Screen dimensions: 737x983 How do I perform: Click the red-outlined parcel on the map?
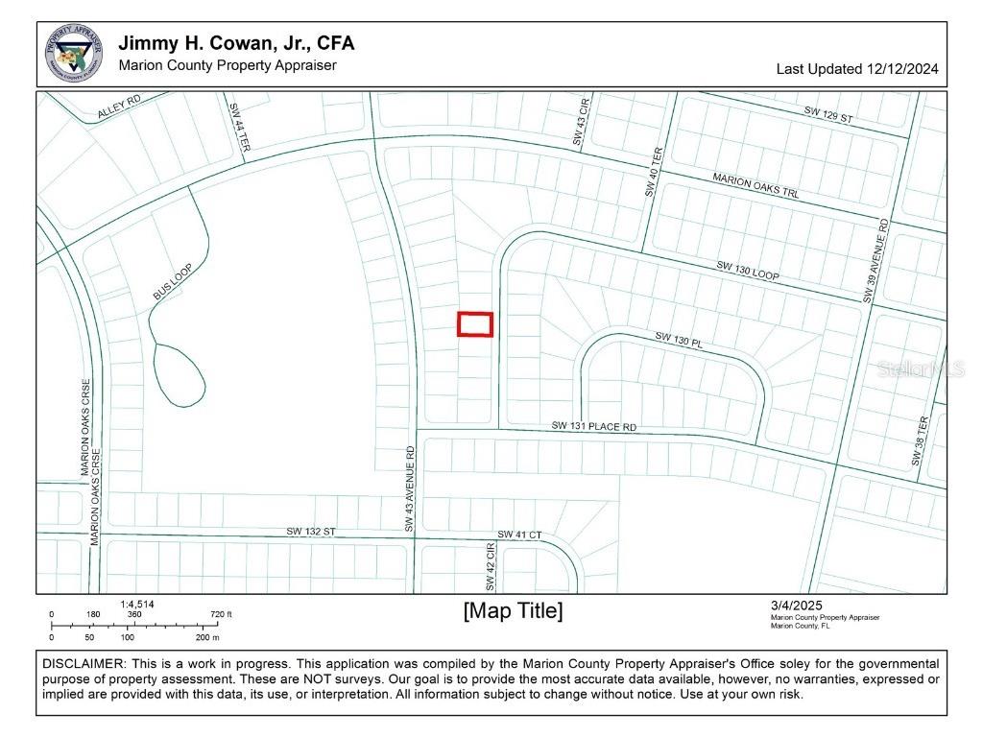coord(474,324)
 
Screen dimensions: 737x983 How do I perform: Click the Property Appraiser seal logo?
coord(74,54)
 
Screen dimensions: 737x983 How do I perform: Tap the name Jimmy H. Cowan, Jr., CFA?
coord(236,44)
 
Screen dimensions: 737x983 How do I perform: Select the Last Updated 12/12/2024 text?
coord(856,69)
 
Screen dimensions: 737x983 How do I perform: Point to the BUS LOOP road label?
coord(174,283)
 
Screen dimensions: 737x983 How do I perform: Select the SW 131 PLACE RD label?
coord(593,425)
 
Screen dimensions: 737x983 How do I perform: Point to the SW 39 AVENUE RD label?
coord(875,262)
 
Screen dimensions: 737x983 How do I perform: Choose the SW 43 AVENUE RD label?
coord(410,488)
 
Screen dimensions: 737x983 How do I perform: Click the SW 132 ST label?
coord(310,532)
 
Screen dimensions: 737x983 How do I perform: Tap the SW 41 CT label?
coord(519,535)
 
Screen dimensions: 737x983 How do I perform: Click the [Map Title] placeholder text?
coord(513,611)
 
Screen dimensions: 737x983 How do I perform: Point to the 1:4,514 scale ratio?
coord(137,605)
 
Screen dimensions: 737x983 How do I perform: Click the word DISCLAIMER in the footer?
coord(83,664)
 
